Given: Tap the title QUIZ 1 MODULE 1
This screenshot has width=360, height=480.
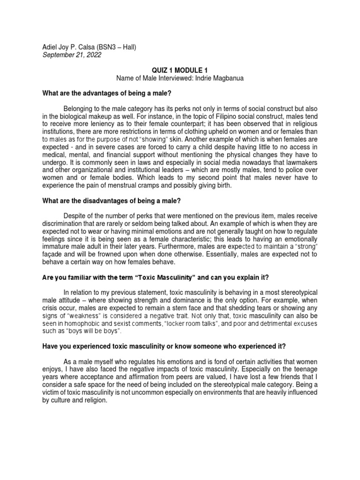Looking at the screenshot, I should pyautogui.click(x=180, y=70).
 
